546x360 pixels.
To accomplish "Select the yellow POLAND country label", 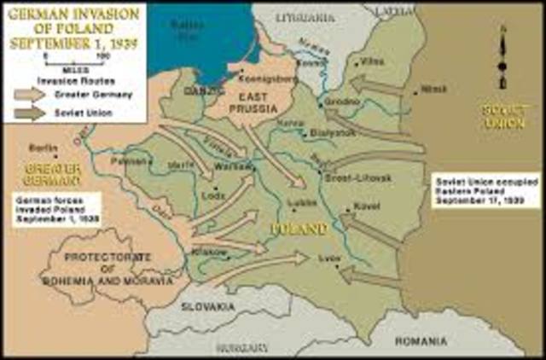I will pos(299,229).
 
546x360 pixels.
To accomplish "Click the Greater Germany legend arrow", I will pos(31,95).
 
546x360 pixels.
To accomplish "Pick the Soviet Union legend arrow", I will pos(31,112).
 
